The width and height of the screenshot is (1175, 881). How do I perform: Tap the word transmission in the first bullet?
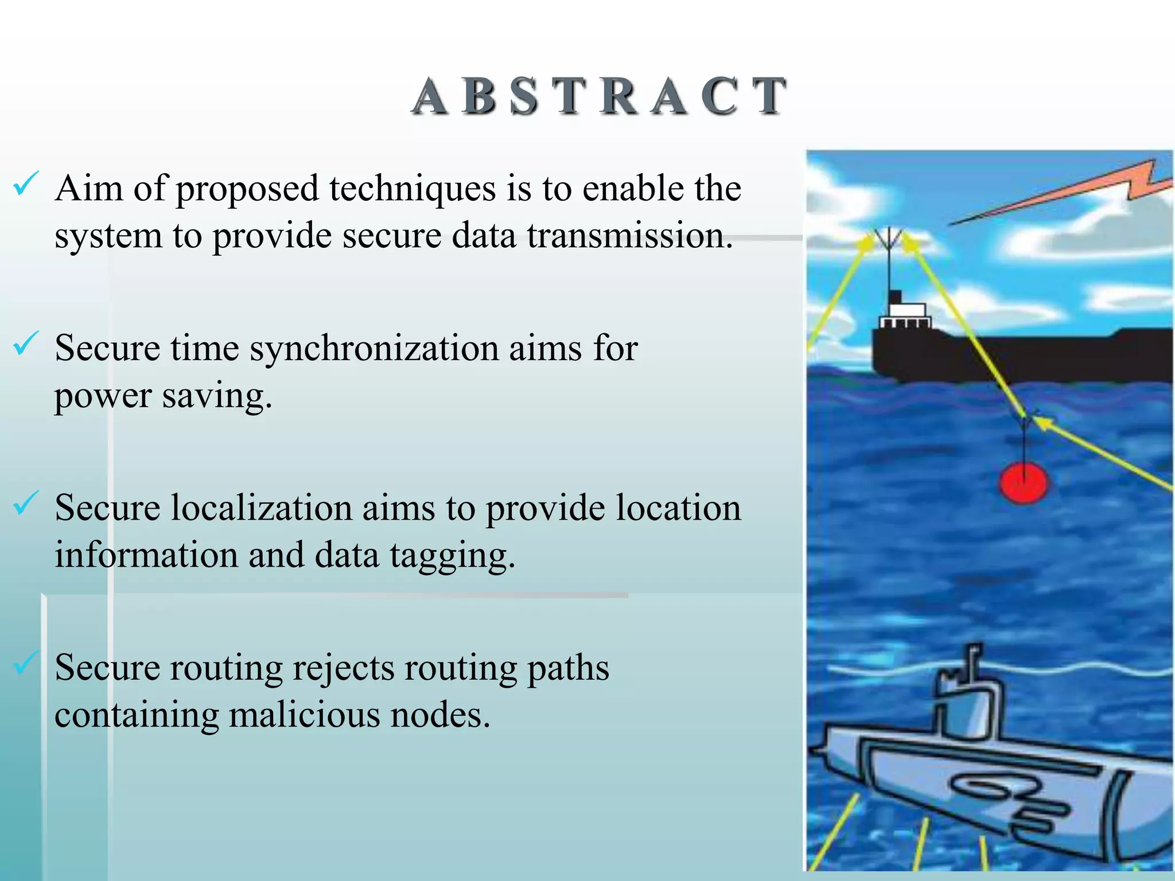coord(629,236)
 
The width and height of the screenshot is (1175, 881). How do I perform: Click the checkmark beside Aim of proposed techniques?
coord(25,185)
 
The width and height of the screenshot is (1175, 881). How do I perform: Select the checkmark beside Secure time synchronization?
coord(25,344)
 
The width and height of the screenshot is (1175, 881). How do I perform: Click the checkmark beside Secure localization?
coord(25,504)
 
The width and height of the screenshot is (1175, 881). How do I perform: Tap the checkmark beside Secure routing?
coord(25,663)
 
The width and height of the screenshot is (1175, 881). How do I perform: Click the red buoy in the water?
coord(1023,483)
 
